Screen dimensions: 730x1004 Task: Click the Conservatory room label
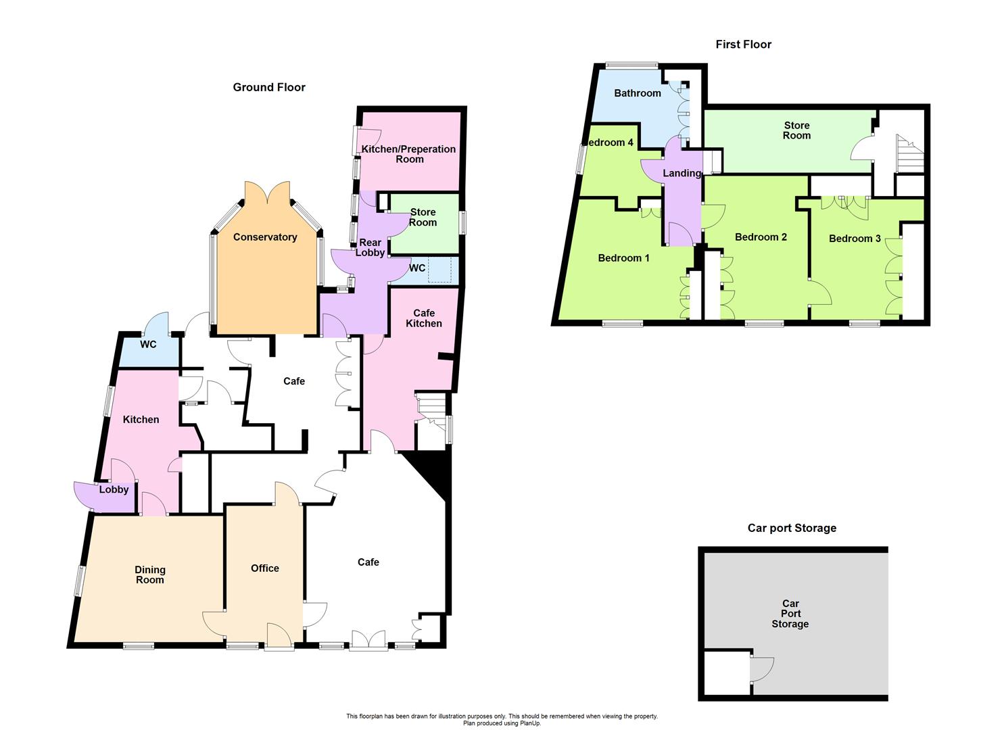pyautogui.click(x=265, y=237)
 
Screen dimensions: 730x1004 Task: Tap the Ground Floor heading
pyautogui.click(x=269, y=87)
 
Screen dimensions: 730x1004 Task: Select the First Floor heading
pyautogui.click(x=743, y=45)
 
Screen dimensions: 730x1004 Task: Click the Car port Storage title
pyautogui.click(x=792, y=528)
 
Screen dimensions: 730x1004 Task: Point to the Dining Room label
pyautogui.click(x=149, y=575)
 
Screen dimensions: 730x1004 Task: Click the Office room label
pyautogui.click(x=265, y=568)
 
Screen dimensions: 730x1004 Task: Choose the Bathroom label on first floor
pyautogui.click(x=637, y=93)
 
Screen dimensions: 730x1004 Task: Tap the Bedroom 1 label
pyautogui.click(x=623, y=258)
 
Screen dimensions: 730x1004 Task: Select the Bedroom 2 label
pyautogui.click(x=761, y=237)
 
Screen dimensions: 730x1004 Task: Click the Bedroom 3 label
pyautogui.click(x=855, y=238)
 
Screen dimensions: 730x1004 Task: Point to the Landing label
pyautogui.click(x=682, y=173)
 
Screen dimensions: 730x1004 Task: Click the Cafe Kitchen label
pyautogui.click(x=424, y=318)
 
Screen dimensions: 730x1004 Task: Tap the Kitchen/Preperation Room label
pyautogui.click(x=409, y=154)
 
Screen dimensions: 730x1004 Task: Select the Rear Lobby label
pyautogui.click(x=370, y=247)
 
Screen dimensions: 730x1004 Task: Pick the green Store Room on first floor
pyautogui.click(x=796, y=130)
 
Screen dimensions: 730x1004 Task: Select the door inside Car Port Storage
pyautogui.click(x=761, y=668)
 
